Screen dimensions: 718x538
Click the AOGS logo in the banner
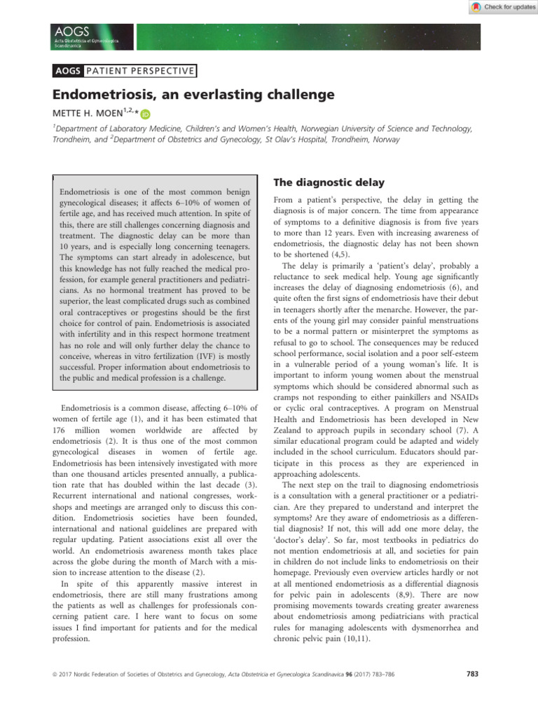point(71,32)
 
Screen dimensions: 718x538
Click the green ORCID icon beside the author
point(146,114)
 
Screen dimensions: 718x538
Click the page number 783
point(471,675)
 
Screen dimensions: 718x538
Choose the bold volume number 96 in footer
point(359,675)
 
